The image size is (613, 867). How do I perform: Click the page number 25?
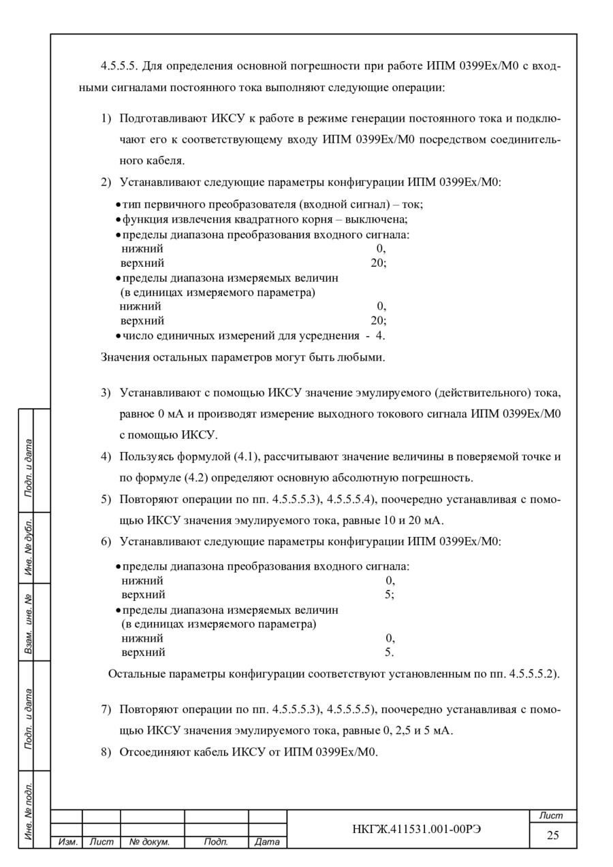552,835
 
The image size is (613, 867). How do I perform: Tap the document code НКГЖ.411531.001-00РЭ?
407,828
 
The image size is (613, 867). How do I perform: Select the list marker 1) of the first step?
106,119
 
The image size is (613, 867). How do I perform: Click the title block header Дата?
267,843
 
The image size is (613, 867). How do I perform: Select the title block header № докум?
149,843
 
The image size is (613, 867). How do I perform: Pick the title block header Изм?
67,843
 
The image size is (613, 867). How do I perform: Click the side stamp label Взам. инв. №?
30,623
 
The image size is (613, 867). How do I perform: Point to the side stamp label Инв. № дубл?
30,548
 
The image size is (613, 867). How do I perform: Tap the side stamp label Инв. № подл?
30,810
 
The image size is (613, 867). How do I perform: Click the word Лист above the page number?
552,815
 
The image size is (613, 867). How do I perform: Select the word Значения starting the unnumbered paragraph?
125,357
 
